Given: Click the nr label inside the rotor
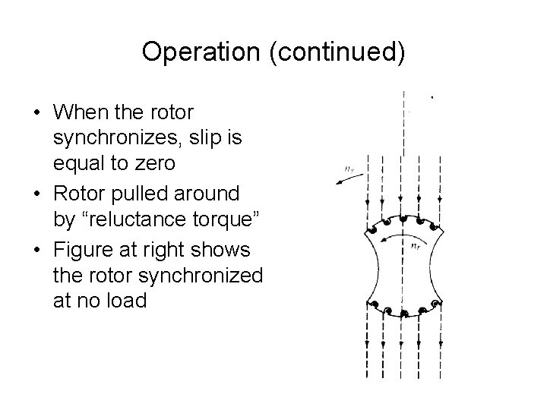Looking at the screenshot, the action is click(416, 245).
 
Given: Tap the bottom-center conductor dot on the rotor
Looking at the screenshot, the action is click(402, 311).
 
